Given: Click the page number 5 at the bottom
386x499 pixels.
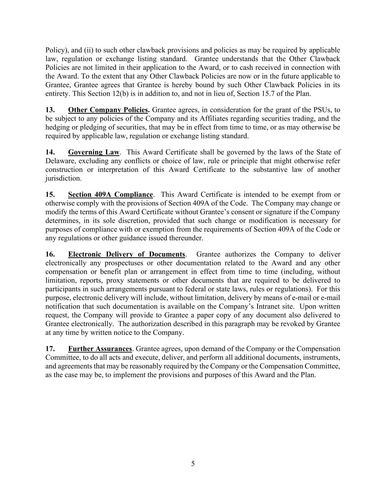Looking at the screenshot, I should click(193, 464).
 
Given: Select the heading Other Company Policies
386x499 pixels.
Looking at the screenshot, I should click(108, 110).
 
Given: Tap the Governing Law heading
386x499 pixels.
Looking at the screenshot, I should click(94, 152).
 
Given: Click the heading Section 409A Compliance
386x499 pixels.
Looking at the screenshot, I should click(110, 195).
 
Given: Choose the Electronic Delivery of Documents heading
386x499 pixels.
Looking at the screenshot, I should click(127, 254).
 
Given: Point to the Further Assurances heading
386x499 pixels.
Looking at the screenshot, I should click(100, 349).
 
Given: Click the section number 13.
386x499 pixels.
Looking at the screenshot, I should click(50, 110).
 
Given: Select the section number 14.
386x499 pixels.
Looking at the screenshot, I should click(50, 152).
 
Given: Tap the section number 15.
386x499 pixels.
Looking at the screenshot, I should click(50, 195).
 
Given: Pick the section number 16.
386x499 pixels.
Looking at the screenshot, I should click(50, 254).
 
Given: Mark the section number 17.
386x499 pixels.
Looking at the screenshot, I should click(50, 349).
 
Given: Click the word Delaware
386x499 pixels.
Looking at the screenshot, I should click(59, 161).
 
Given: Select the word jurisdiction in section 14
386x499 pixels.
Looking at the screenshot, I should click(63, 178).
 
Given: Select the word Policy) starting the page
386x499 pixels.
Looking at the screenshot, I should click(56, 50).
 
